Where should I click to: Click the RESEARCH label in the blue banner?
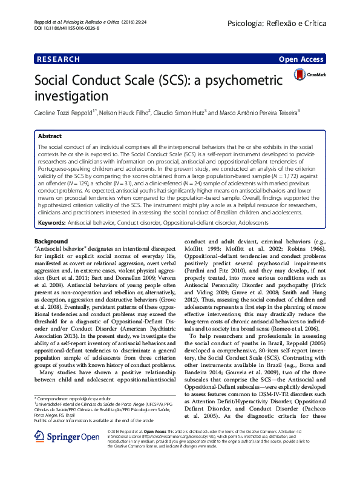[58, 59]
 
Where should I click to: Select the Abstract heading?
[50, 137]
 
